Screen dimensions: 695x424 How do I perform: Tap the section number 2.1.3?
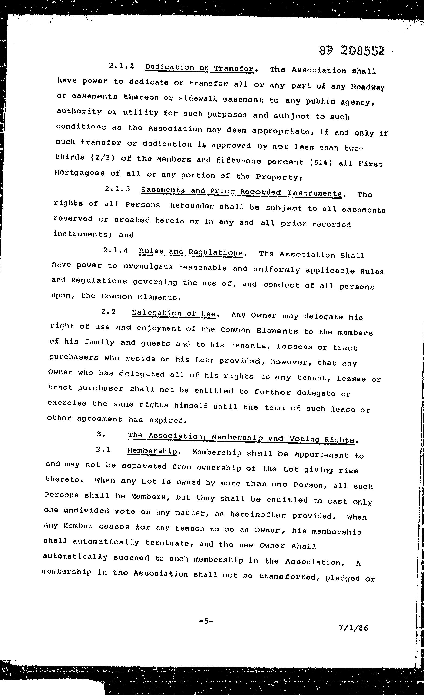coord(117,189)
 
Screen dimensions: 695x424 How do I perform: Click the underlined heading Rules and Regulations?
coord(191,252)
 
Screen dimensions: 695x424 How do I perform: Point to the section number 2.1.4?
coord(116,250)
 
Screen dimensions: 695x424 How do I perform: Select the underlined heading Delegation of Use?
coord(174,313)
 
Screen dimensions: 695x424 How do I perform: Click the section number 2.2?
coord(108,312)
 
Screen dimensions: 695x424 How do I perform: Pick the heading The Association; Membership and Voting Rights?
coord(241,438)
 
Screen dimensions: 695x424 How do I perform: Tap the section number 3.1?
coord(103,450)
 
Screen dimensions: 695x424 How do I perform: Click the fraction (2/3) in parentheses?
coord(103,158)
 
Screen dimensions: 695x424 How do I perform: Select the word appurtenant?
coord(321,455)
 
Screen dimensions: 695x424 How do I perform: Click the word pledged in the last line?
coord(342,578)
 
